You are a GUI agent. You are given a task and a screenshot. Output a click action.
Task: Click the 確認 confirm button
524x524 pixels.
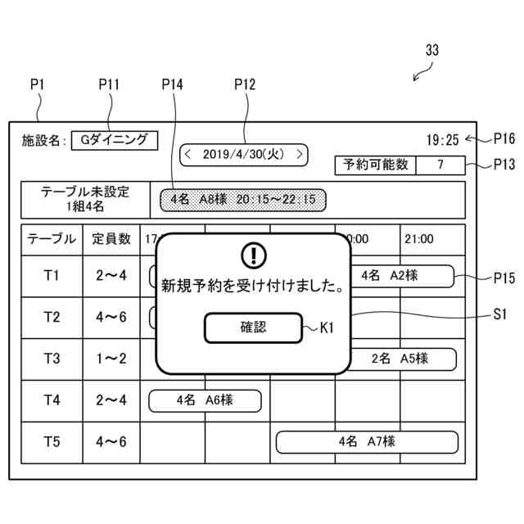[x=253, y=328]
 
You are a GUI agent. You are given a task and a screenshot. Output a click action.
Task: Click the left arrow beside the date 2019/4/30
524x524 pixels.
[x=187, y=153]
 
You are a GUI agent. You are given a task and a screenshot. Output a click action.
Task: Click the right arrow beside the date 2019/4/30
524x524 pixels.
[x=300, y=153]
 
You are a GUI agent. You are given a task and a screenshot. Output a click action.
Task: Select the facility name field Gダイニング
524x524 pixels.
[x=114, y=140]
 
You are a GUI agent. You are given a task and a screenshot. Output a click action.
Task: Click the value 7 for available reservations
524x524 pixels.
[x=440, y=165]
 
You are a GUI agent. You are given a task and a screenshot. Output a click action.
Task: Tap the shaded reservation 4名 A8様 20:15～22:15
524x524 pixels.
[x=243, y=198]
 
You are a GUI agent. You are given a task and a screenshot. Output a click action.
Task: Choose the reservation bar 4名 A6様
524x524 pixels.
[x=205, y=400]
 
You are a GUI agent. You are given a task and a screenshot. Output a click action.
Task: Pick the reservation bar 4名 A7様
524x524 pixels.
[x=366, y=442]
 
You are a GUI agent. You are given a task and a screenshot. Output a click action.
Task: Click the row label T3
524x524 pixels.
[x=52, y=359]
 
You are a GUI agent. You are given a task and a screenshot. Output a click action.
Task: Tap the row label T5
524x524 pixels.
[x=52, y=442]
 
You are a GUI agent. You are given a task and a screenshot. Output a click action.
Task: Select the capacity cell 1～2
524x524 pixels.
[x=111, y=359]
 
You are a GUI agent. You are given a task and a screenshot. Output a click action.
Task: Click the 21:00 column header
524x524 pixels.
[x=418, y=240]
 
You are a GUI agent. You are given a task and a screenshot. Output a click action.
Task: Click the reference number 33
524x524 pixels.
[x=432, y=50]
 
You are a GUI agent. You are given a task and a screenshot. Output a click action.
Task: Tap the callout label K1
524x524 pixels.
[x=327, y=328]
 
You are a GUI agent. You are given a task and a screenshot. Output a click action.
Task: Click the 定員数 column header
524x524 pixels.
[x=111, y=240]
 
